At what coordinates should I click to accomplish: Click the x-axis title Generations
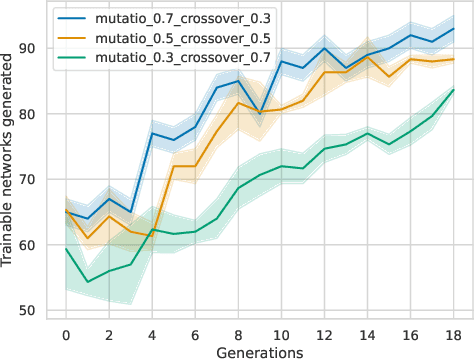coord(259,351)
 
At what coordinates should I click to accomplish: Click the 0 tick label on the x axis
coord(65,335)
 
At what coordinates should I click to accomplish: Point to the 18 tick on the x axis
coord(453,335)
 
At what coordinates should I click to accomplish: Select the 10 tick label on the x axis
coord(281,335)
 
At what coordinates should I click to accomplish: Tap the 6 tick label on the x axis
coord(194,335)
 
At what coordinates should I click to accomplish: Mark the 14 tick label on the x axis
coord(367,335)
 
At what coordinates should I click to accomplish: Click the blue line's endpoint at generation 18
coord(453,29)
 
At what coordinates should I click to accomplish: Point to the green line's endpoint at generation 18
coord(453,90)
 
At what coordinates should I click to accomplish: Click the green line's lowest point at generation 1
coord(87,282)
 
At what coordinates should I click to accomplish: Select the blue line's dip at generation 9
coord(259,114)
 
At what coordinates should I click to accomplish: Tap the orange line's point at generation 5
coord(173,166)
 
